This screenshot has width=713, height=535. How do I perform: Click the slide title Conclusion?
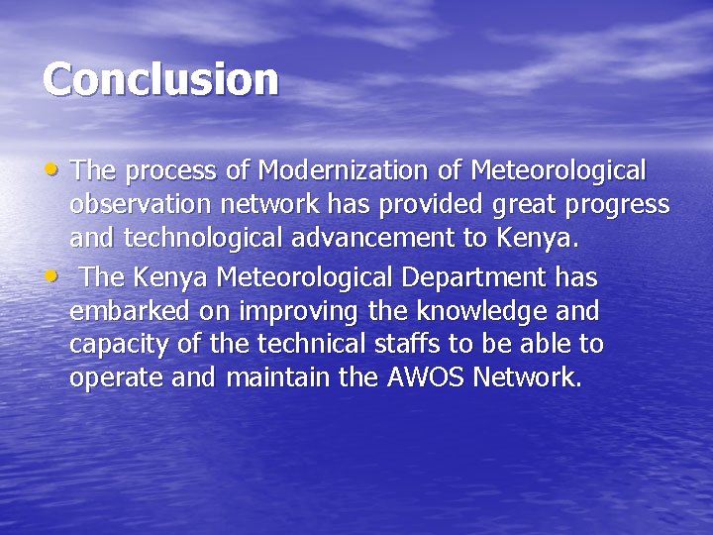(x=160, y=79)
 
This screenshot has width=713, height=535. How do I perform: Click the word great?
(x=516, y=206)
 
